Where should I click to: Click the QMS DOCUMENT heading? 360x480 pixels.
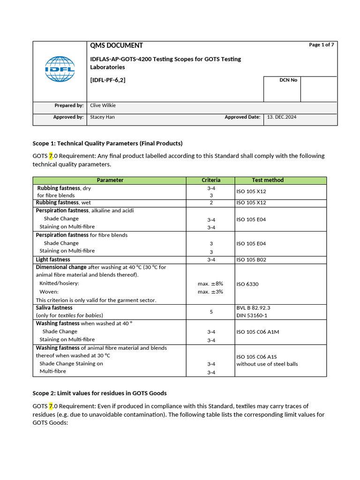[116, 45]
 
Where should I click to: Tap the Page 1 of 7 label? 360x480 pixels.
[322, 45]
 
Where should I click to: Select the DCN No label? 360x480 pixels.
[288, 80]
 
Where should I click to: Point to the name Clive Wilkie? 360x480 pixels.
[103, 106]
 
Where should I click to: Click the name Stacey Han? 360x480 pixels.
[102, 117]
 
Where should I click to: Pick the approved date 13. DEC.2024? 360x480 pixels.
[282, 117]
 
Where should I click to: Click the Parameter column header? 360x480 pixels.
[110, 180]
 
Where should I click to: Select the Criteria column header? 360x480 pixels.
[211, 180]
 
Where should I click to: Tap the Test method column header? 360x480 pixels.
[268, 180]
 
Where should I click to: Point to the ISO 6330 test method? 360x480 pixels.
[247, 284]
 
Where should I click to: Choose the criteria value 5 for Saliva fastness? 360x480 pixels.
[211, 312]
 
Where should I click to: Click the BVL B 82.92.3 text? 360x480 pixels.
[253, 308]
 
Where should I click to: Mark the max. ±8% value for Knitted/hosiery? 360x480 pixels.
[210, 284]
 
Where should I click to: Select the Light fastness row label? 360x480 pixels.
[53, 260]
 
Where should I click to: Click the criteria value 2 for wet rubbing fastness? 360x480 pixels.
[211, 203]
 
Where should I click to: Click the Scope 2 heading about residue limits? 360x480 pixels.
[99, 393]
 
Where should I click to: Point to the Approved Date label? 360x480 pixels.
[242, 117]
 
